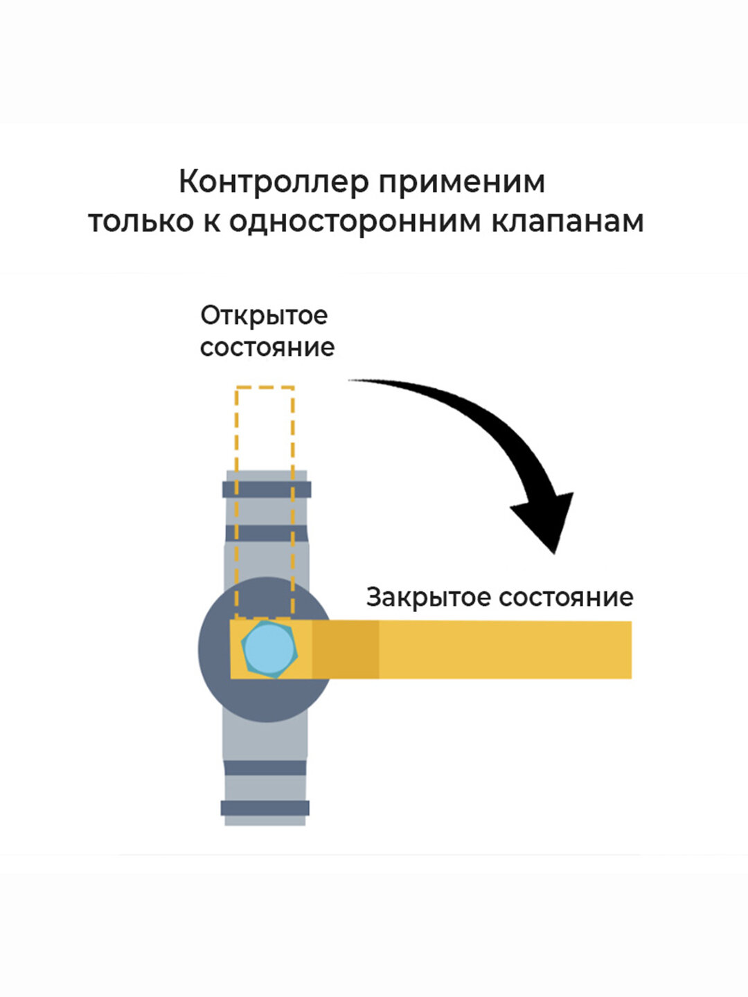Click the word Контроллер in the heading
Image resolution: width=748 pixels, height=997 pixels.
(274, 183)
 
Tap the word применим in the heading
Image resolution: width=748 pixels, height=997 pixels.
(462, 183)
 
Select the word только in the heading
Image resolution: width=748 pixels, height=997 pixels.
(141, 222)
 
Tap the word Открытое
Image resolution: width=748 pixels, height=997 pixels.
(264, 316)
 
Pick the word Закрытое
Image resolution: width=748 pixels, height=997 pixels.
(429, 597)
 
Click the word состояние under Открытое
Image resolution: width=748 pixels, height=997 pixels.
(267, 347)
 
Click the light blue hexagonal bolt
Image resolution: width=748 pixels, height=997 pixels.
(269, 649)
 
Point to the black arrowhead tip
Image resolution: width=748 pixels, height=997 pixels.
(553, 551)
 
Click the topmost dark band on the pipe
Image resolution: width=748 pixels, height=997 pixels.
(267, 489)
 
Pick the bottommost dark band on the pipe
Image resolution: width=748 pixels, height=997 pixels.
(265, 807)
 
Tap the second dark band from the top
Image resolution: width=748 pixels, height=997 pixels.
(267, 533)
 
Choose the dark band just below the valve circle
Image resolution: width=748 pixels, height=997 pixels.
(265, 768)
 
